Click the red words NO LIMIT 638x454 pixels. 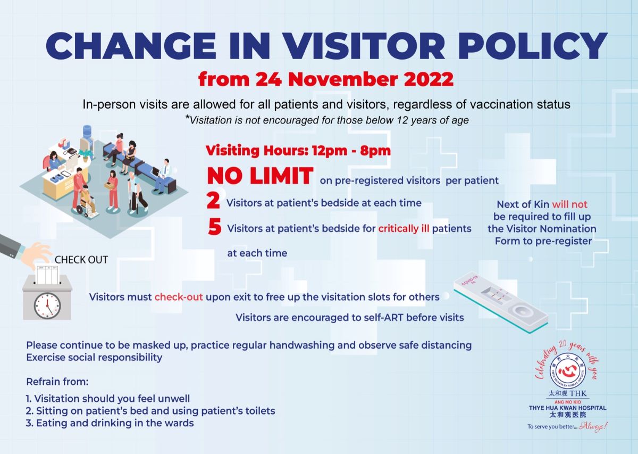click(x=259, y=176)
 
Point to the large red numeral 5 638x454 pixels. click(x=214, y=228)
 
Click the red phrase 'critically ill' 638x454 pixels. click(x=404, y=229)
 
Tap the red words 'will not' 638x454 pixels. click(x=569, y=204)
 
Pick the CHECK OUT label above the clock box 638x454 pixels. click(x=81, y=260)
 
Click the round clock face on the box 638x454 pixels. click(x=47, y=305)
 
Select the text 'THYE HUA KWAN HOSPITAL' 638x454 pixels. click(x=567, y=408)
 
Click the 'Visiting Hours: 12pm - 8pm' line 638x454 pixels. click(x=298, y=151)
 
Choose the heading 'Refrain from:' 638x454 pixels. click(x=57, y=382)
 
